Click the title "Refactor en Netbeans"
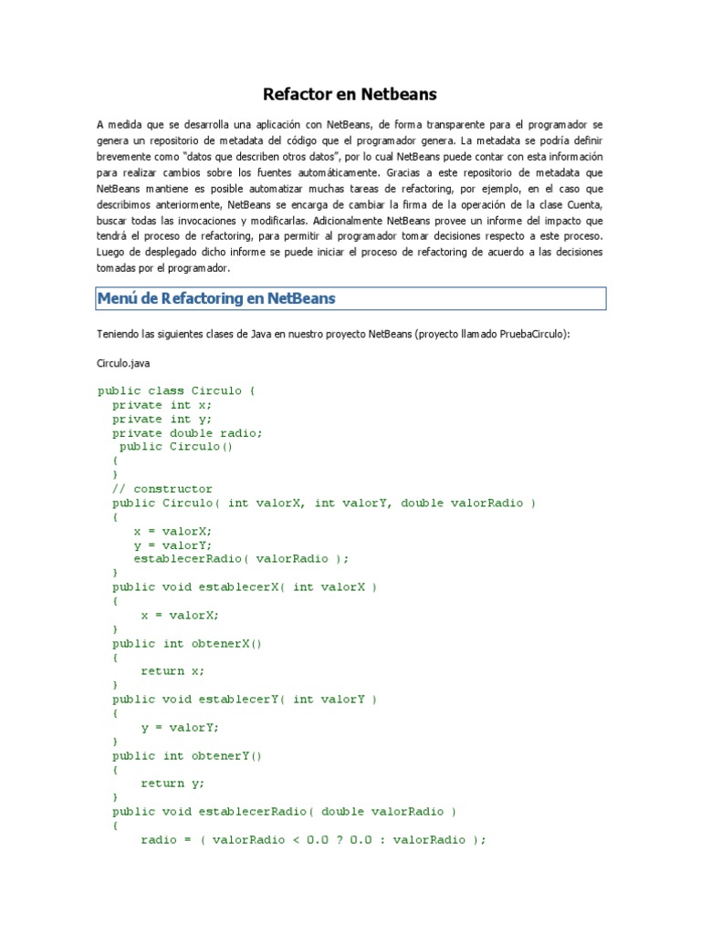(350, 94)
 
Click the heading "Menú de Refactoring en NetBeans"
(217, 298)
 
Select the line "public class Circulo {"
(177, 390)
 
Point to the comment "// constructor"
(162, 489)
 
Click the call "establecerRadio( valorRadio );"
(241, 559)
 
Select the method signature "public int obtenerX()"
(187, 643)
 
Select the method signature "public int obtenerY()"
(187, 755)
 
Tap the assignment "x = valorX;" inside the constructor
(173, 531)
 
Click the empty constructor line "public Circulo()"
(176, 447)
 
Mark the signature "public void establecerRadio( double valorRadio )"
(284, 812)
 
